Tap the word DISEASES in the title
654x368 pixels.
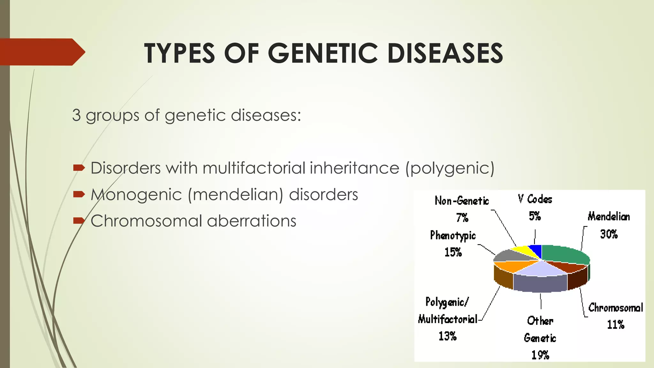[x=445, y=53]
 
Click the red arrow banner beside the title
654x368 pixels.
[x=42, y=52]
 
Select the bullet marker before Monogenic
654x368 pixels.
[x=79, y=194]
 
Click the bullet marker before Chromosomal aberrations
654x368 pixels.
[x=79, y=220]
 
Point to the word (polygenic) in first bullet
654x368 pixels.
[x=450, y=168]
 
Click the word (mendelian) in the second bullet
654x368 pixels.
[x=235, y=195]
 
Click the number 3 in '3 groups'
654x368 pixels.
[x=76, y=115]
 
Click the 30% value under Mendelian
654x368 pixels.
[x=609, y=234]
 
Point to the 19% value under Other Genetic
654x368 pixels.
[x=540, y=355]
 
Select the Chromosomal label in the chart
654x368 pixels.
[x=615, y=308]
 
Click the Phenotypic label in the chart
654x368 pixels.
[x=453, y=235]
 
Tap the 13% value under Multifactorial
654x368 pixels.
[x=447, y=336]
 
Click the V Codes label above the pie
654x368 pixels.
[x=535, y=199]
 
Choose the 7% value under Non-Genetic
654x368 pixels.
[x=462, y=218]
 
